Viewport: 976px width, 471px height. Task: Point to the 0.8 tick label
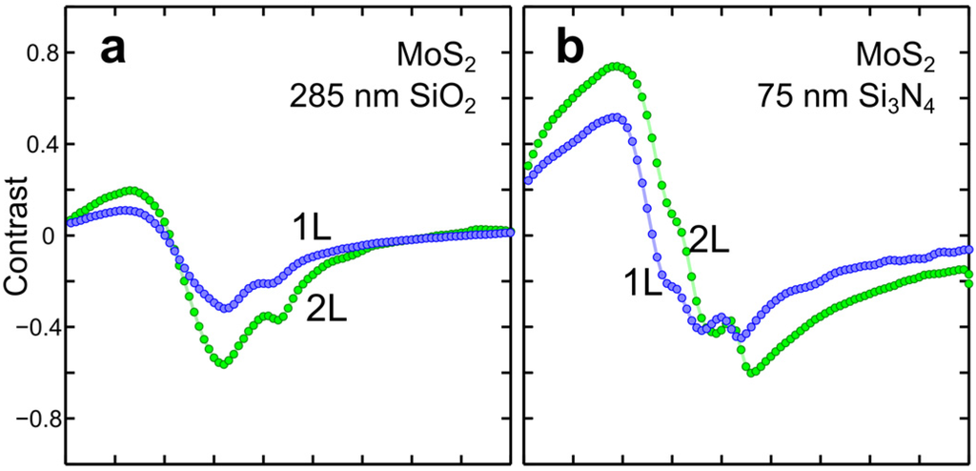point(35,53)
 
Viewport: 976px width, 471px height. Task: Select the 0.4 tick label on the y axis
point(35,145)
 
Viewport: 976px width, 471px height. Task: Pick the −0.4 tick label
point(30,327)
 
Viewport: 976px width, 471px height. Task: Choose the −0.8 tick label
point(30,419)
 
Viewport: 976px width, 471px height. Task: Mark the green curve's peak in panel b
point(619,66)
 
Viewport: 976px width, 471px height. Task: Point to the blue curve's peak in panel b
point(618,117)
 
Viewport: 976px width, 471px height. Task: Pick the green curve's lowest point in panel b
point(753,373)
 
